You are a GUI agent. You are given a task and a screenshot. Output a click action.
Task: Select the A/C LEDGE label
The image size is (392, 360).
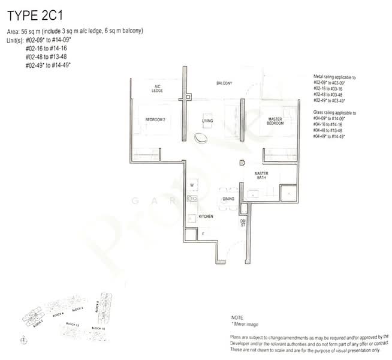157,89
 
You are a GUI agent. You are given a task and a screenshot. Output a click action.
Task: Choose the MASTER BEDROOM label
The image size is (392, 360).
275,122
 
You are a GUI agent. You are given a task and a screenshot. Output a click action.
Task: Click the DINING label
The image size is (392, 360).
228,199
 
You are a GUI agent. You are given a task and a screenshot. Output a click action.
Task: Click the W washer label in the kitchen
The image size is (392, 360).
192,185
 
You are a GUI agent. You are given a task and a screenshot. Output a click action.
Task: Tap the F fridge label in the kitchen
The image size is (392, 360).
203,233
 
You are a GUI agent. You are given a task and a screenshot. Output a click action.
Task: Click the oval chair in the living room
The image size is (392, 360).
202,137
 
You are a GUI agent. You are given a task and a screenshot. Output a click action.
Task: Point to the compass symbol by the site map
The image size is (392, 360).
23,340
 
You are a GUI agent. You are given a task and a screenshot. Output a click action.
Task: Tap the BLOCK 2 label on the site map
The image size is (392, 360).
37,323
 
